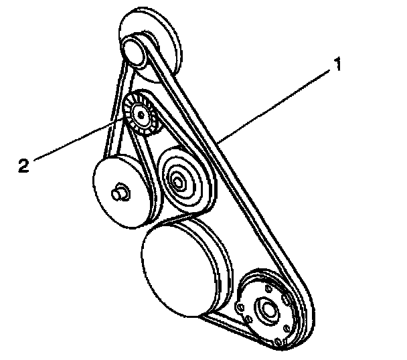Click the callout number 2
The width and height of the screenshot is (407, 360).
tap(23, 165)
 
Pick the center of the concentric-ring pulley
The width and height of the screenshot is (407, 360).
tap(179, 179)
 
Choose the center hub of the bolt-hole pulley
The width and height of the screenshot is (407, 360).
tap(270, 309)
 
